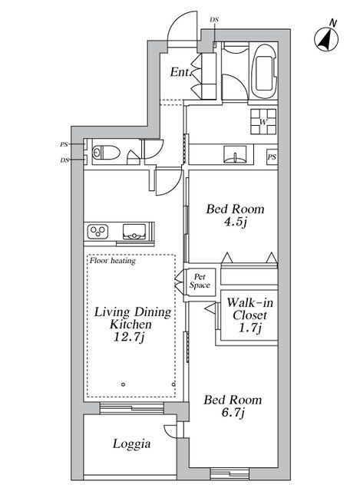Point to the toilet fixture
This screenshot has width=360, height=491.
(x=104, y=153)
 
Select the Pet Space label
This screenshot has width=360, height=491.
(x=200, y=281)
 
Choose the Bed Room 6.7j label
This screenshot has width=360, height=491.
(x=232, y=407)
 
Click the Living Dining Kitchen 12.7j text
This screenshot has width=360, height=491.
(x=131, y=325)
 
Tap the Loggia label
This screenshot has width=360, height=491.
(x=131, y=443)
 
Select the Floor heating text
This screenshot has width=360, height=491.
(x=113, y=261)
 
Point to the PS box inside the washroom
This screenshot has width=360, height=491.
(x=272, y=157)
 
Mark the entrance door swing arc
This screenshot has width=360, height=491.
(x=180, y=28)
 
